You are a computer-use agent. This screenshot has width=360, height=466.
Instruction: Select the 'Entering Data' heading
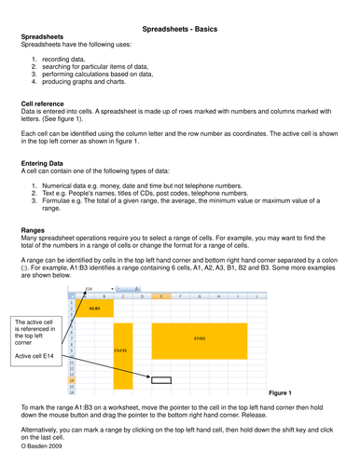(47, 162)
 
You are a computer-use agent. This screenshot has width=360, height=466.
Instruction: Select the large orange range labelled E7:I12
(200, 339)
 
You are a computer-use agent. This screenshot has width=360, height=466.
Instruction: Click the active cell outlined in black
(160, 380)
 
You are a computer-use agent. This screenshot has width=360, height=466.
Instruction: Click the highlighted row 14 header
(71, 380)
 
